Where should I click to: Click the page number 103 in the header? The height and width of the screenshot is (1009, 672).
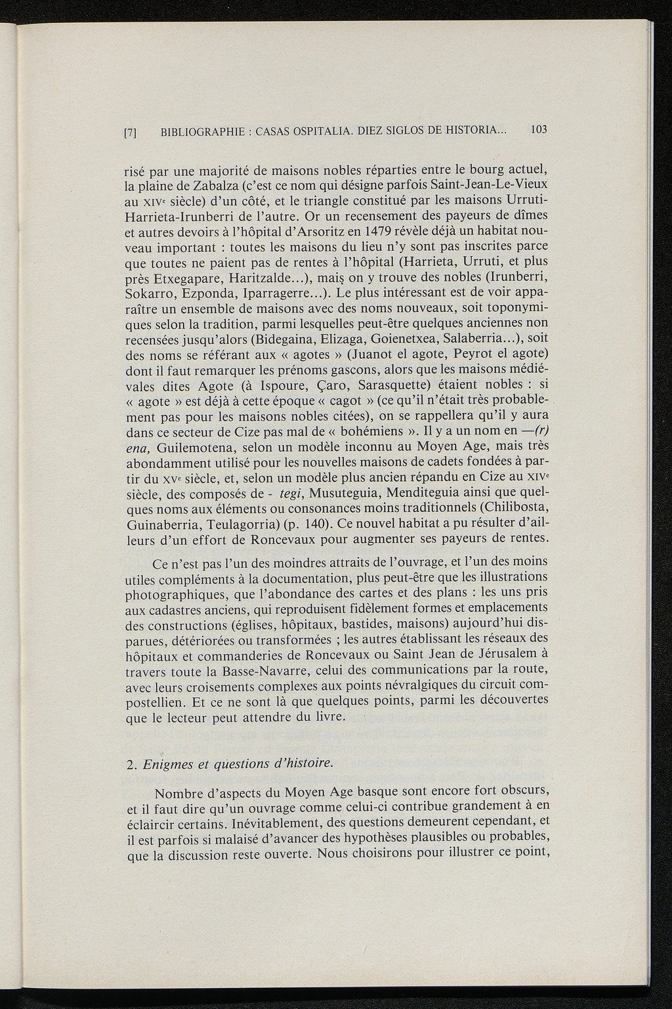point(539,130)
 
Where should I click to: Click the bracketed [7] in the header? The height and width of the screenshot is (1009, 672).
point(130,132)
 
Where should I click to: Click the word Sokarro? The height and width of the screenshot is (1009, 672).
point(150,309)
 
